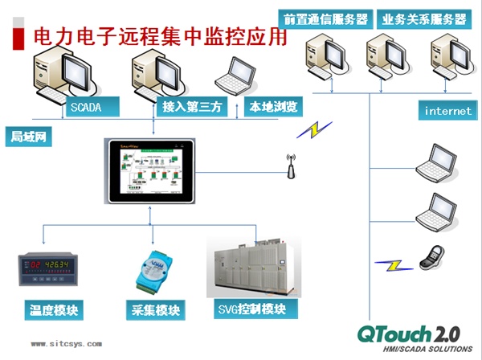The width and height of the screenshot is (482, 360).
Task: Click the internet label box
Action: point(447,111)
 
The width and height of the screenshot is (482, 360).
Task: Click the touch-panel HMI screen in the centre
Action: point(153,172)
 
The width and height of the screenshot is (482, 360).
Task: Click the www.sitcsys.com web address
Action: point(67,343)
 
